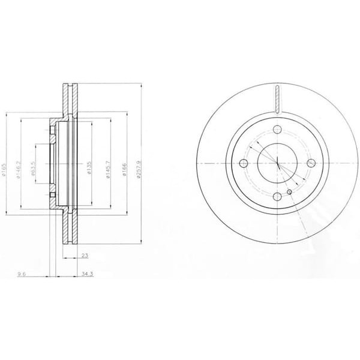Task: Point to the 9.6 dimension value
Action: [x=22, y=274]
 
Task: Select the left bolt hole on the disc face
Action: [x=244, y=163]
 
